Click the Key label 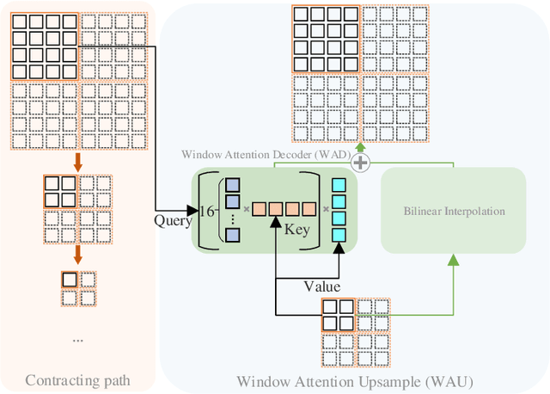(296, 231)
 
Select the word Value (322, 286)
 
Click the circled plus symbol (361, 163)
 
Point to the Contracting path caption (77, 379)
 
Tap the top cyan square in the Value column (338, 185)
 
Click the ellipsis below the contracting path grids (77, 340)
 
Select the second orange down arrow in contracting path (76, 255)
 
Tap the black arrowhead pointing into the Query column (194, 209)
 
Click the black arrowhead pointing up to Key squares (274, 223)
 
